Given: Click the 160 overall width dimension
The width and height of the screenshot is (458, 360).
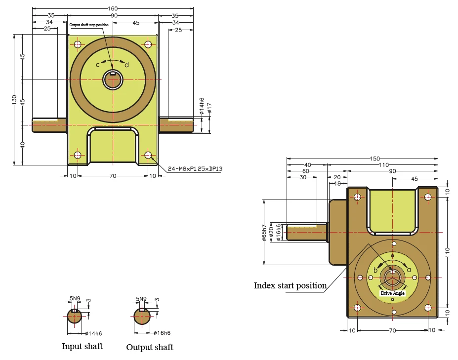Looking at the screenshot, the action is pyautogui.click(x=113, y=8).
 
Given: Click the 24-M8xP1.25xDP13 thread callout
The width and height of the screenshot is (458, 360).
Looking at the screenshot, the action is pyautogui.click(x=195, y=169).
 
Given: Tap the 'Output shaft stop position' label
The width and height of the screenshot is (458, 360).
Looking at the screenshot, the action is pyautogui.click(x=89, y=25).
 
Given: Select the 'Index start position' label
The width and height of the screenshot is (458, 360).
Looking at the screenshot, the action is pyautogui.click(x=290, y=285).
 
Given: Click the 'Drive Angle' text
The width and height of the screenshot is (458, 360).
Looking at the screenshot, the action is pyautogui.click(x=393, y=293).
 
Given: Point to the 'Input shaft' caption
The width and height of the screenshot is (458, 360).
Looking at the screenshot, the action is pyautogui.click(x=83, y=346).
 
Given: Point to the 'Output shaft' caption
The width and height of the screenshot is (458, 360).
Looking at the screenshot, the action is pyautogui.click(x=150, y=347).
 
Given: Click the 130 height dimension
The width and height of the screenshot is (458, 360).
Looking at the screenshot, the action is pyautogui.click(x=14, y=100).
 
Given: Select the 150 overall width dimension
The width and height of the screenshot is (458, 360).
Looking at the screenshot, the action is pyautogui.click(x=375, y=159).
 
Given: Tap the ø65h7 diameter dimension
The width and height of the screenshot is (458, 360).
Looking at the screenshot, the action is pyautogui.click(x=264, y=233).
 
